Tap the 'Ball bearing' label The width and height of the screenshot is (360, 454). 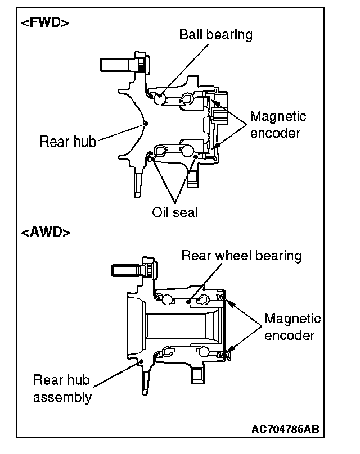[215, 35]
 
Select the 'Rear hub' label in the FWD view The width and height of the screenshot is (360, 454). [67, 141]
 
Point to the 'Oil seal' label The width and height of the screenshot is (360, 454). [174, 212]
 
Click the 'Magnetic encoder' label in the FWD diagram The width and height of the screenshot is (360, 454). [278, 125]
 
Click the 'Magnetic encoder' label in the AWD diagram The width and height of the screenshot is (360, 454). [292, 327]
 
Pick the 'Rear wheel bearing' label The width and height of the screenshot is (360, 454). [241, 256]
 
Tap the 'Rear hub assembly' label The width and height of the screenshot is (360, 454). [62, 388]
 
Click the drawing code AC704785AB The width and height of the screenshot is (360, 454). [285, 430]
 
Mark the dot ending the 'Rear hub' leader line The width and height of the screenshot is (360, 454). [145, 123]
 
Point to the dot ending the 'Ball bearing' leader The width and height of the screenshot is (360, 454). [161, 96]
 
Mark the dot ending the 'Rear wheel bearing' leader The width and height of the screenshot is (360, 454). [188, 301]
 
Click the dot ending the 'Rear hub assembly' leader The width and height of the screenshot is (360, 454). [141, 361]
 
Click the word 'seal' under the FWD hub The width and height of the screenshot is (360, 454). [186, 212]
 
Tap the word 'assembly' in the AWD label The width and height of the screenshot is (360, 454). [62, 397]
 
